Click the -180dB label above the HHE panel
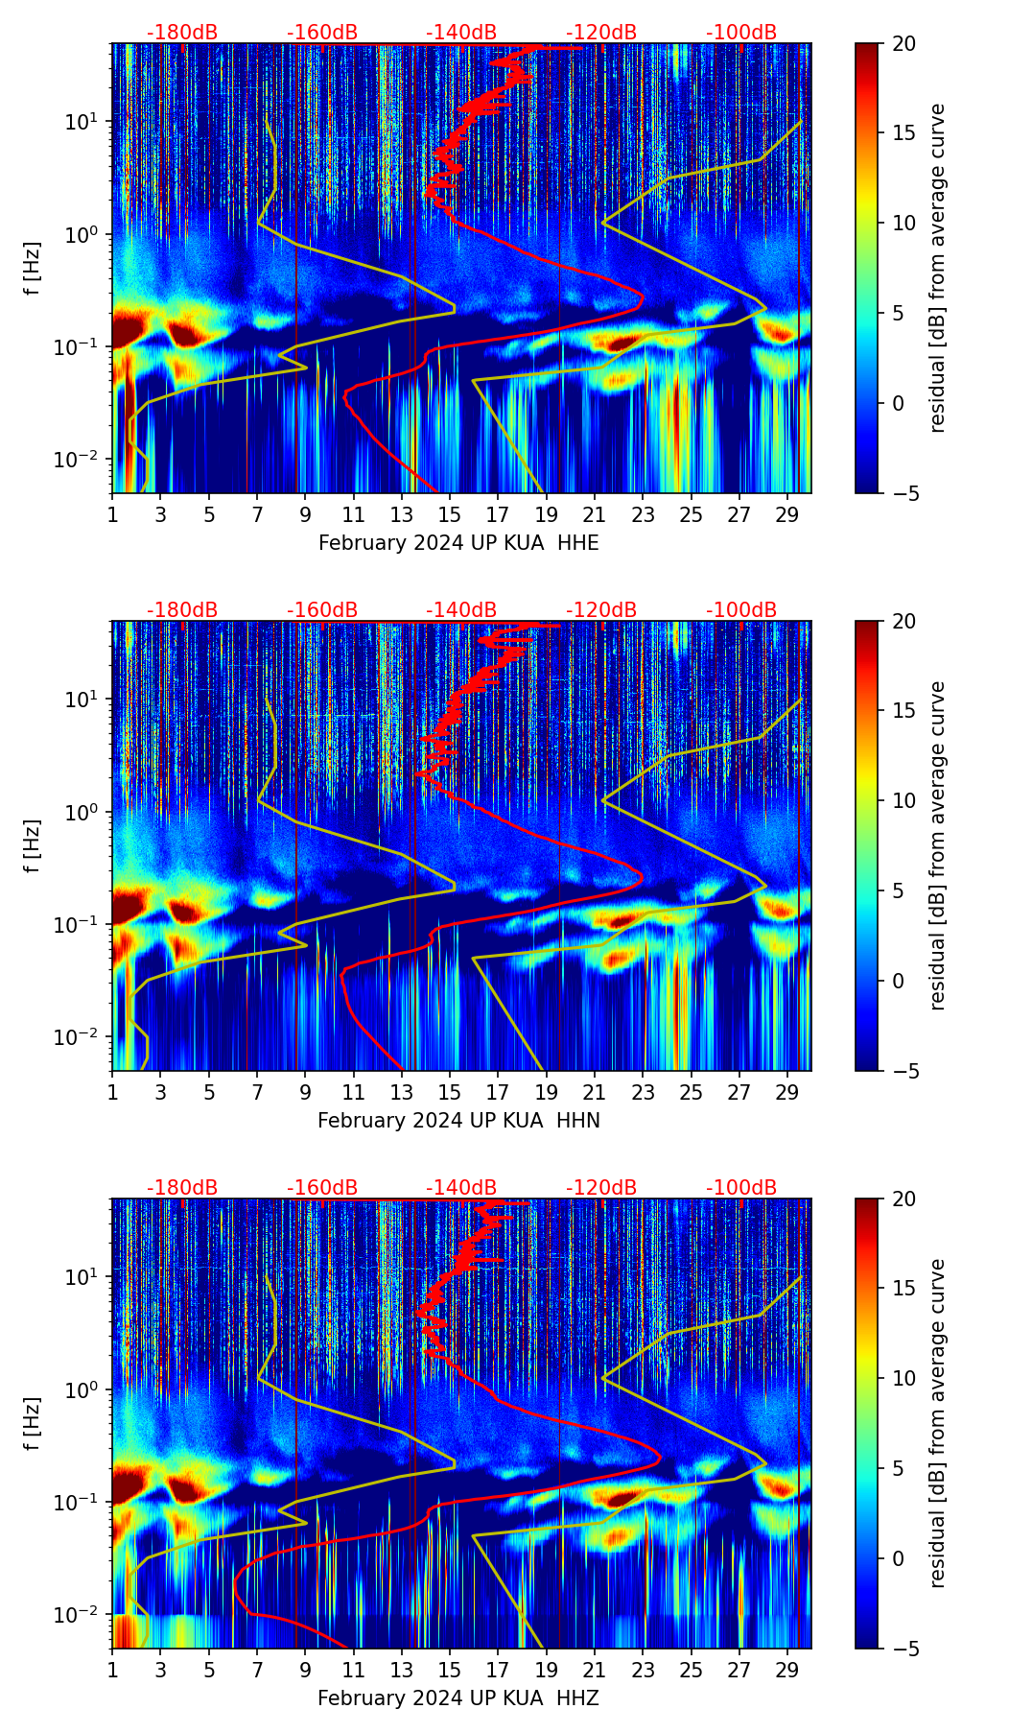(x=182, y=33)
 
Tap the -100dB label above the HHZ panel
(x=741, y=1188)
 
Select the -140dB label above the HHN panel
(x=461, y=610)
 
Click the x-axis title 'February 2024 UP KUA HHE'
(x=458, y=543)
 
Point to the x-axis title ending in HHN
(x=458, y=1121)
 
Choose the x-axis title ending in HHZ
(x=458, y=1698)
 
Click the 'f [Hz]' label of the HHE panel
(x=33, y=269)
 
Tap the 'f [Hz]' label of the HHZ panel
(x=33, y=1424)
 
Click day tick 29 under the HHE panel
(x=787, y=514)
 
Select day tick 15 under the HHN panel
(x=450, y=1092)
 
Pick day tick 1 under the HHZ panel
(x=112, y=1670)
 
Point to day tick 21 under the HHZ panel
(x=595, y=1670)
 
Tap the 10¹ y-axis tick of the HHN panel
(x=84, y=700)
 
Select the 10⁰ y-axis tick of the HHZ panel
(x=84, y=1390)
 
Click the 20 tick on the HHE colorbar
(x=903, y=43)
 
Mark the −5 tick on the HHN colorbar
(x=903, y=1071)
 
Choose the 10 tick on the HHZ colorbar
(x=903, y=1379)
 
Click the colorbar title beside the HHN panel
(x=937, y=845)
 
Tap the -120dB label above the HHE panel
(x=601, y=33)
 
